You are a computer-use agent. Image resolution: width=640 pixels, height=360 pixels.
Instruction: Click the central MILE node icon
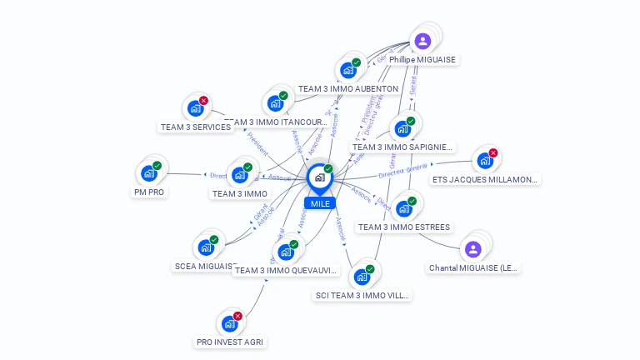pyautogui.click(x=319, y=177)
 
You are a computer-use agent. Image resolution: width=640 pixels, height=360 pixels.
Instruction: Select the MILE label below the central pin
pyautogui.click(x=319, y=203)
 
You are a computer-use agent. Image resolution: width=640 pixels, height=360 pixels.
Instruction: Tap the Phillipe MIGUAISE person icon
pyautogui.click(x=422, y=41)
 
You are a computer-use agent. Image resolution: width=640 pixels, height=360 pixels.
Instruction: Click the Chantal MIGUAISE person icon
pyautogui.click(x=472, y=248)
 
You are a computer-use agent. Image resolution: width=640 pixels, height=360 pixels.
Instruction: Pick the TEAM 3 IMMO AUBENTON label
pyautogui.click(x=348, y=88)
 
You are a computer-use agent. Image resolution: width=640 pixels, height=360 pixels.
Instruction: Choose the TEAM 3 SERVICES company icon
pyautogui.click(x=195, y=108)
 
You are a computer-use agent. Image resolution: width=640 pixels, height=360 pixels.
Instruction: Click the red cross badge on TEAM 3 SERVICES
pyautogui.click(x=203, y=101)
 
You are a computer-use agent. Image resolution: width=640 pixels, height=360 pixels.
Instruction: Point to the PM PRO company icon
pyautogui.click(x=148, y=173)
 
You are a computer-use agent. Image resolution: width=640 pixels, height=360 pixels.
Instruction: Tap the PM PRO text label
pyautogui.click(x=149, y=192)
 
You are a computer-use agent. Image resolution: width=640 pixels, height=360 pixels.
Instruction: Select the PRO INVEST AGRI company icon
pyautogui.click(x=228, y=323)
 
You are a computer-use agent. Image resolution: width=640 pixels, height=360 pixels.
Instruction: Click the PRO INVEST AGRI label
pyautogui.click(x=231, y=342)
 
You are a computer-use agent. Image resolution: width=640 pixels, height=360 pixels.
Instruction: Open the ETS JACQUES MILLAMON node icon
pyautogui.click(x=484, y=160)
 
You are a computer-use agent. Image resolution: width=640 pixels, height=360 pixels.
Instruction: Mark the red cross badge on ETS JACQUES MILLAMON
pyautogui.click(x=492, y=152)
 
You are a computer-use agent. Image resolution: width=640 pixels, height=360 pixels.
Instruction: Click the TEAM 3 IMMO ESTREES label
pyautogui.click(x=404, y=227)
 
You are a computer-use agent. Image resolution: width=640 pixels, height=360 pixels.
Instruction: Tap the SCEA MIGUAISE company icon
pyautogui.click(x=205, y=247)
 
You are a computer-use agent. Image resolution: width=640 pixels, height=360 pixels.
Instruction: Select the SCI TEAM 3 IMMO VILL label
pyautogui.click(x=362, y=295)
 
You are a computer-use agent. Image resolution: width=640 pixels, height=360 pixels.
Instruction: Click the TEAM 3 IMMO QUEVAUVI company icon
pyautogui.click(x=285, y=252)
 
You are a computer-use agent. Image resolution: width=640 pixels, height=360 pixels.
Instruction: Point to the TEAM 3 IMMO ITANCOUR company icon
pyautogui.click(x=274, y=103)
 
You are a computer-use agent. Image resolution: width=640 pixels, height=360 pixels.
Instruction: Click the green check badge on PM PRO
pyautogui.click(x=157, y=166)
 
